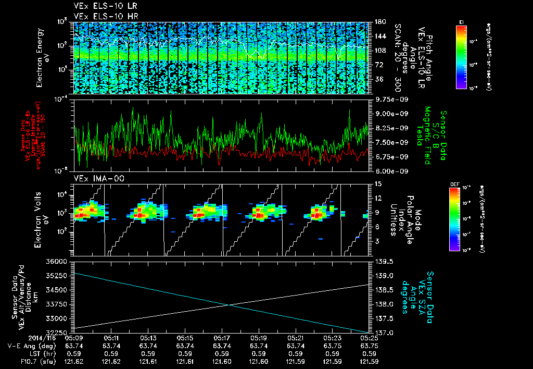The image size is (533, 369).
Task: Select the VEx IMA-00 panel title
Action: pyautogui.click(x=94, y=178)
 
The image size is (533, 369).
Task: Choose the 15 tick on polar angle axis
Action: pyautogui.click(x=378, y=184)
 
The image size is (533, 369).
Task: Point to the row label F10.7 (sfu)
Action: pyautogui.click(x=21, y=361)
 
